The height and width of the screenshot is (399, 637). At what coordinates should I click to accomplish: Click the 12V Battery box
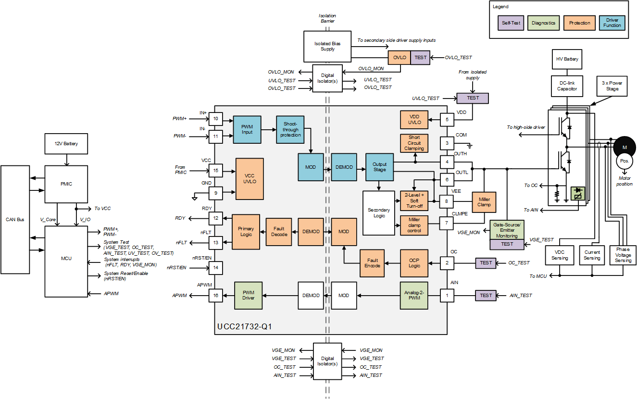click(66, 144)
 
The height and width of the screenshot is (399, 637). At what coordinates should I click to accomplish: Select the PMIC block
click(66, 184)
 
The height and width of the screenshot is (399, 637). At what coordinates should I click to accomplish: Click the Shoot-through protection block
click(290, 129)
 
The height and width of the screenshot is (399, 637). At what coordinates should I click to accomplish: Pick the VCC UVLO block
click(250, 179)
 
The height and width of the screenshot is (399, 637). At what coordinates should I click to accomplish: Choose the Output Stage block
click(379, 167)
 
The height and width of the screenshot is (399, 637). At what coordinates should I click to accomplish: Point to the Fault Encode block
click(372, 263)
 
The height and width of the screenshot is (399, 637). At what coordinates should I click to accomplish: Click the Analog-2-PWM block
click(414, 295)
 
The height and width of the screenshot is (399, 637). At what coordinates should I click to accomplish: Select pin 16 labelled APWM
click(215, 295)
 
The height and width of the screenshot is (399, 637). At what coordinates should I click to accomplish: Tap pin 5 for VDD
click(447, 120)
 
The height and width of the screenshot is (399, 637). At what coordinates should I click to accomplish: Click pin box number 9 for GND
click(215, 193)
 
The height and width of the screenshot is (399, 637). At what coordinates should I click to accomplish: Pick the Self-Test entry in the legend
click(511, 23)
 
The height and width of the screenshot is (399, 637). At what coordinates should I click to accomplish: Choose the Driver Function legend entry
click(612, 23)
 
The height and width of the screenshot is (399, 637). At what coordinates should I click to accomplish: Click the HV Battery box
click(567, 59)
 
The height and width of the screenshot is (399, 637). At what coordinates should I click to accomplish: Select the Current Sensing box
click(592, 255)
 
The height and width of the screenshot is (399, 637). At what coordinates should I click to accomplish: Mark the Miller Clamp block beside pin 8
click(485, 201)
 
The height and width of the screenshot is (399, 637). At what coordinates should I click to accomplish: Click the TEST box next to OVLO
click(420, 58)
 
